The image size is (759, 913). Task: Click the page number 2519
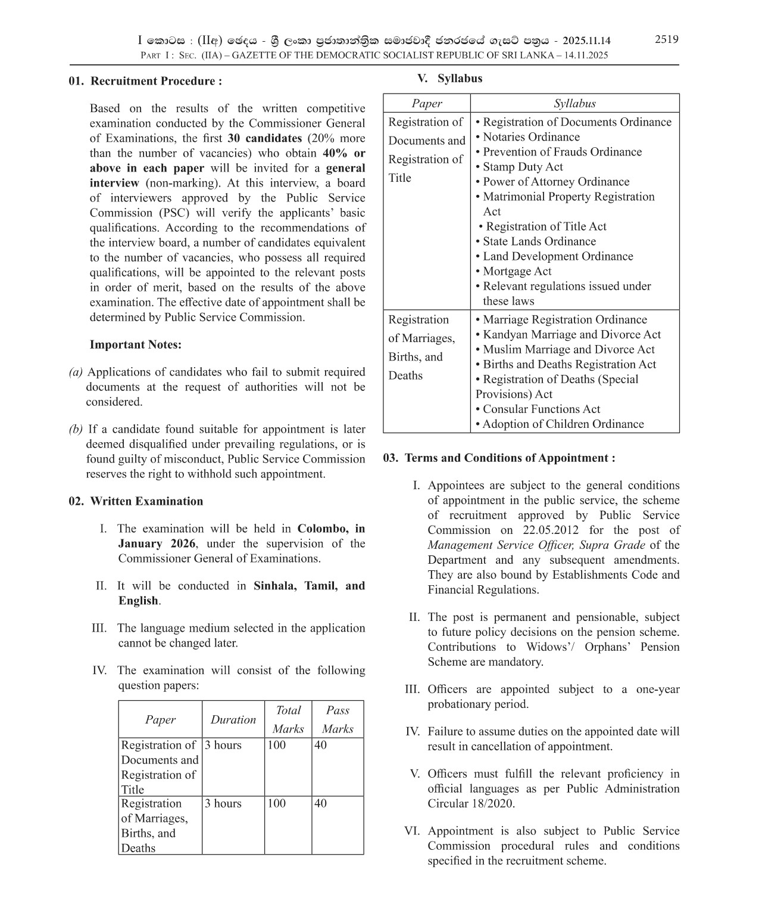pyautogui.click(x=666, y=39)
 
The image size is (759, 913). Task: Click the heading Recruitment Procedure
pyautogui.click(x=156, y=81)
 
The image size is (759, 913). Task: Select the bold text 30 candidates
pyautogui.click(x=265, y=138)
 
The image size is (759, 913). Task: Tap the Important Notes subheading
pyautogui.click(x=135, y=344)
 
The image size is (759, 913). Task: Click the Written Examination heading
pyautogui.click(x=146, y=501)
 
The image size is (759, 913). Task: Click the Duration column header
pyautogui.click(x=233, y=719)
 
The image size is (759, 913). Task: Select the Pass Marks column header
pyautogui.click(x=337, y=719)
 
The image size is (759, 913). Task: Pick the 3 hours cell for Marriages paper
pyautogui.click(x=223, y=803)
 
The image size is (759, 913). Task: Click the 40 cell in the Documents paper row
pyautogui.click(x=320, y=745)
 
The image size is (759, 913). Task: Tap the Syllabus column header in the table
pyautogui.click(x=574, y=103)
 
